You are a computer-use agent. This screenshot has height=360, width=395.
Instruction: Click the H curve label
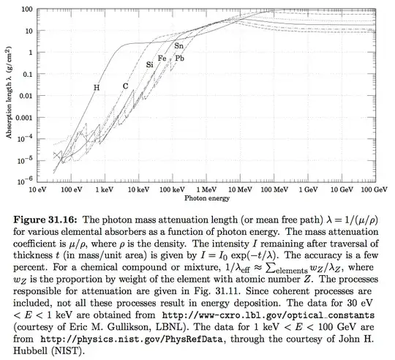(x=96, y=88)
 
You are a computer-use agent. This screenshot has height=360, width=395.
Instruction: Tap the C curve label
(x=125, y=86)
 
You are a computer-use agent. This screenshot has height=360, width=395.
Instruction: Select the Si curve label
(x=149, y=65)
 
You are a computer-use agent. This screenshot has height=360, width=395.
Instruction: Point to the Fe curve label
(x=162, y=58)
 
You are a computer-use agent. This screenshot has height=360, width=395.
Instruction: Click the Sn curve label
(x=178, y=46)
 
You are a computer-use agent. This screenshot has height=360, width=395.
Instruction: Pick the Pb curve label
(x=179, y=58)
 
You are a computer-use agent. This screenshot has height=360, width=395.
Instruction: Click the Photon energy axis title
(x=207, y=198)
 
